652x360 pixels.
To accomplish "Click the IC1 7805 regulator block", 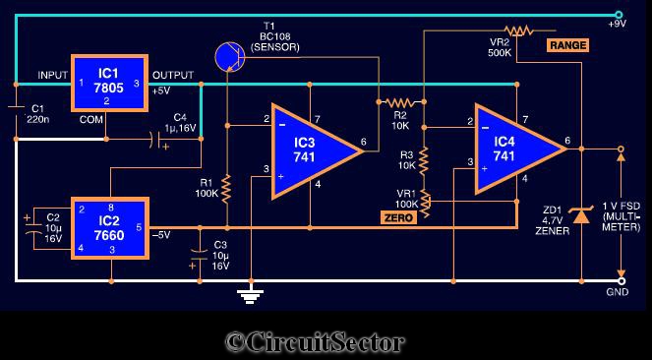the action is coord(109,84).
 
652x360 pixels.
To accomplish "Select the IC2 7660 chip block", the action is coord(110,228).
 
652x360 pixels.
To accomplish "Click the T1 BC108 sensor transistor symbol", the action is coord(229,57).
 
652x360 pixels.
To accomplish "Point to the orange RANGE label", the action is coord(567,45).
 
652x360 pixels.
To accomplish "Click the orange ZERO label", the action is coord(398,217).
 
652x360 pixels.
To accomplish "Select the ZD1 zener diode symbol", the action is coord(581,215).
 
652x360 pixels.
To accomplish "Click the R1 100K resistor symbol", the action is coord(226,189).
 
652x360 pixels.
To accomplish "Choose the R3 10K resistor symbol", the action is coord(423,160).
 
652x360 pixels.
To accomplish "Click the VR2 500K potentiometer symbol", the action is coord(518,30).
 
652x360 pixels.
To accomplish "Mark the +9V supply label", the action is coord(617,25).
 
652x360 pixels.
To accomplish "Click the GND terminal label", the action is coord(618,292).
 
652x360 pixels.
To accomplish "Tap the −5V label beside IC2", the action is coord(161,235).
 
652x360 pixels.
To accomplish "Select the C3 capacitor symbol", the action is coord(200,255).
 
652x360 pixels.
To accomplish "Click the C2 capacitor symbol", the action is coord(34,228).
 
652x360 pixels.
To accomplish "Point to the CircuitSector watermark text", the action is coord(315,342).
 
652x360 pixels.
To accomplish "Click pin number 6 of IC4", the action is coord(568,141).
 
